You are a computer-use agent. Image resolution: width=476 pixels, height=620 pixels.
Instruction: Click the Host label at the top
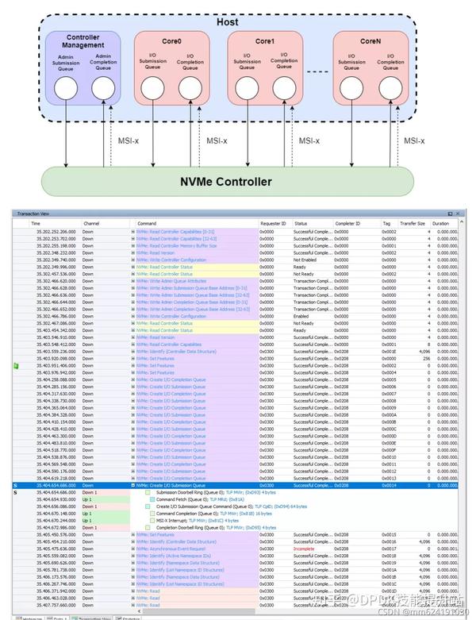pos(227,21)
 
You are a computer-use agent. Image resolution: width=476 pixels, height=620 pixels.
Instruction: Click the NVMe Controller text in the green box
pos(226,182)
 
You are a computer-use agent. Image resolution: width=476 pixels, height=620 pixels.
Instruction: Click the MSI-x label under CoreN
pos(413,141)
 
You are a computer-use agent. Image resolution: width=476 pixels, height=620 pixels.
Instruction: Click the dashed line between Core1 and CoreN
pos(318,74)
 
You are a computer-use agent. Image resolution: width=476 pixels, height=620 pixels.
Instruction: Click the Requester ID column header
pos(274,224)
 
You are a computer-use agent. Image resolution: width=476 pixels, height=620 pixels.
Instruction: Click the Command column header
pos(148,224)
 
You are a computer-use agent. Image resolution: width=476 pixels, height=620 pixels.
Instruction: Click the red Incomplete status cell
pos(305,549)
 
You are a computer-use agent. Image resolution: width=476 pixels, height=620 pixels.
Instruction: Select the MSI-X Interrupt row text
pos(202,520)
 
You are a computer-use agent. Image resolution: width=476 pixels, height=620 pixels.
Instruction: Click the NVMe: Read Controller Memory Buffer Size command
pos(189,245)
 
